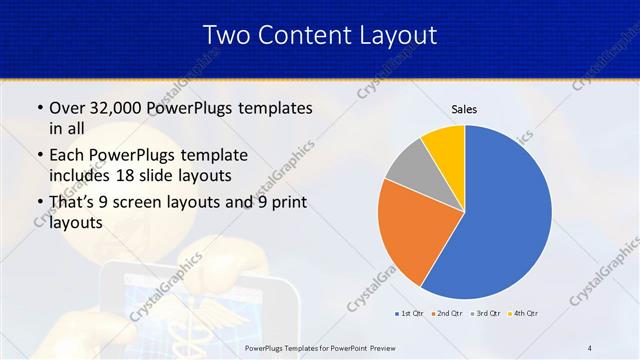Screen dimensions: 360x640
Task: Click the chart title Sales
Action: [x=465, y=108]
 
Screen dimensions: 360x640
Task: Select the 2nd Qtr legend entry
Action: [x=446, y=314]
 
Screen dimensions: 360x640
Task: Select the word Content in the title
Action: [x=302, y=35]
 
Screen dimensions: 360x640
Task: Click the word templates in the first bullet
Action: [x=275, y=107]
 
